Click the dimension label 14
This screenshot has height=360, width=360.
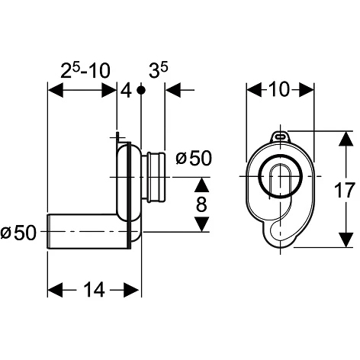click(x=94, y=290)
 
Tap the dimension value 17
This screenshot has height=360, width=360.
click(x=344, y=190)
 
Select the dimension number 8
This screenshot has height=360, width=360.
click(x=201, y=204)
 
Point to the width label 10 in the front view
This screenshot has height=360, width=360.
click(x=279, y=89)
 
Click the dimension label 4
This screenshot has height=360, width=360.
click(x=127, y=91)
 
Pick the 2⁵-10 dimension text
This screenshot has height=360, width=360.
click(x=85, y=70)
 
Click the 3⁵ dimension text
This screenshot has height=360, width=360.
click(x=159, y=70)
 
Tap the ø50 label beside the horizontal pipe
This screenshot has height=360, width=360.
click(x=18, y=233)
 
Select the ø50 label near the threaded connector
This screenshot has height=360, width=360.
click(x=194, y=158)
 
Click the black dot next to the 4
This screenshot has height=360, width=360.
click(x=141, y=90)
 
